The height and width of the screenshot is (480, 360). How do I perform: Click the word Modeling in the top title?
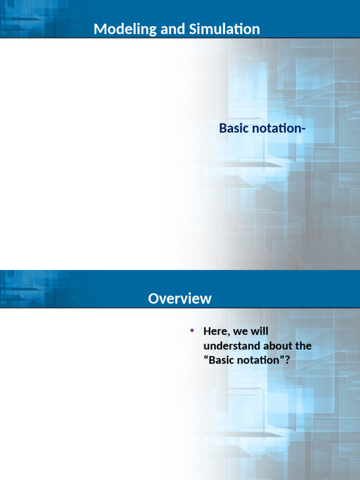point(126,30)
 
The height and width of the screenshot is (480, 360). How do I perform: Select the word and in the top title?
point(172,29)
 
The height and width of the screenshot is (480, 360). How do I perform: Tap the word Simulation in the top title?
point(225,29)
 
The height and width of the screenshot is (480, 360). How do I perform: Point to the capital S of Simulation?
point(193,29)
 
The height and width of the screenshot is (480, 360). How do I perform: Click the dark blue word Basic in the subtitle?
point(235,128)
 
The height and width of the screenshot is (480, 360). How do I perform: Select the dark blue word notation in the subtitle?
point(277,128)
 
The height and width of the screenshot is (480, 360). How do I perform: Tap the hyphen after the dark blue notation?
point(304,129)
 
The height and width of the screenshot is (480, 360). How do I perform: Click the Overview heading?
point(180,299)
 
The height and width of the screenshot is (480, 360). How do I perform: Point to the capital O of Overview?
point(154,299)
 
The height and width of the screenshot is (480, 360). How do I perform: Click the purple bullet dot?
point(192,330)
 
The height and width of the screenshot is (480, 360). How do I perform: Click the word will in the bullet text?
point(260,331)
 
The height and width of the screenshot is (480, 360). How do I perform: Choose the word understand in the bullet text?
point(232,345)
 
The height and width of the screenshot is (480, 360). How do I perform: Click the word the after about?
point(304,345)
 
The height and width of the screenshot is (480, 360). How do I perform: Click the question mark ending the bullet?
point(287,360)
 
